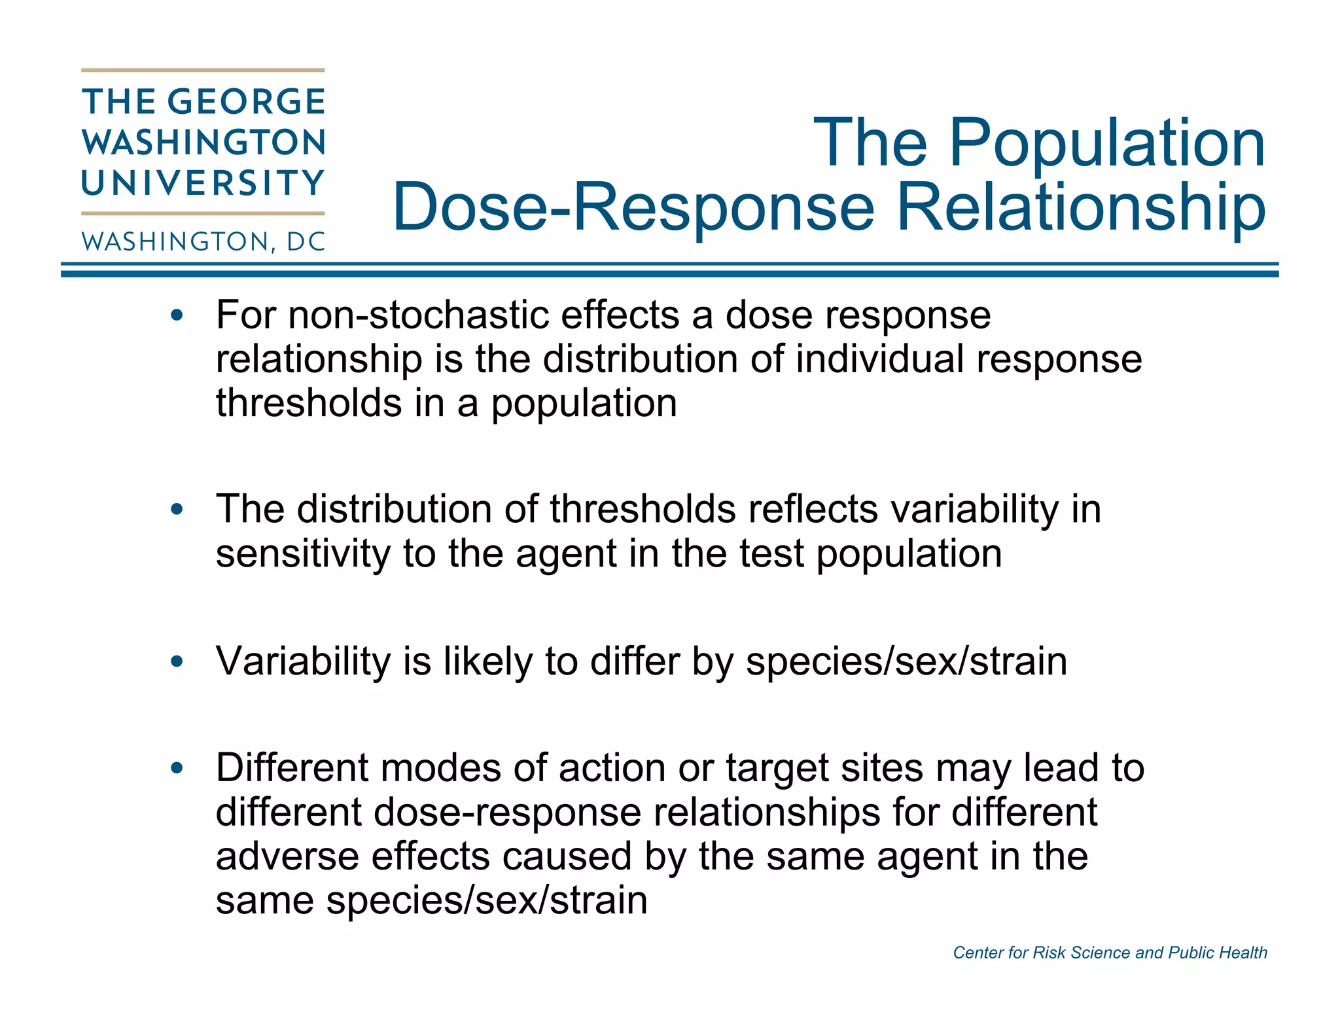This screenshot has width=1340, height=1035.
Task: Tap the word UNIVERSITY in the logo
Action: pos(203,183)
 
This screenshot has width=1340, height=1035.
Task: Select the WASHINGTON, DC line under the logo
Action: pos(203,242)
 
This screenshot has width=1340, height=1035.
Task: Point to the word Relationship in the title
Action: pos(1081,207)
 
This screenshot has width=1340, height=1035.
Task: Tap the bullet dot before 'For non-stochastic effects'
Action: pos(177,316)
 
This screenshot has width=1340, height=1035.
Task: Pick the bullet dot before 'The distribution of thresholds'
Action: pos(177,510)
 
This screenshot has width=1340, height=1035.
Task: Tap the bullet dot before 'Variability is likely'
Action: pos(177,661)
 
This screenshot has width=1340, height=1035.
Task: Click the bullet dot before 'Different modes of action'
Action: pos(177,768)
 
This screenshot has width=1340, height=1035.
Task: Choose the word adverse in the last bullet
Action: pos(287,856)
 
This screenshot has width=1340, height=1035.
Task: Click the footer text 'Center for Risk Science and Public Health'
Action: pos(1110,953)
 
